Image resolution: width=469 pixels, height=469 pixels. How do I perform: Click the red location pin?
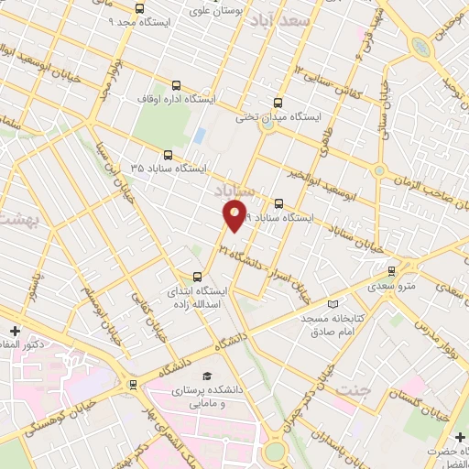pos(234,216)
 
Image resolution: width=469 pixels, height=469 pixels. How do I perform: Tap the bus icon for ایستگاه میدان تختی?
pos(278,104)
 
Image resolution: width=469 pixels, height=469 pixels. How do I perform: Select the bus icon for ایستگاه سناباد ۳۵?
pos(167,155)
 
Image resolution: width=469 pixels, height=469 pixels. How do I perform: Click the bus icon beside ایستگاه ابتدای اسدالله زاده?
pos(197,276)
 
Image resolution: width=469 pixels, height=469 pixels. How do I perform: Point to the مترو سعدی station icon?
pos(391,270)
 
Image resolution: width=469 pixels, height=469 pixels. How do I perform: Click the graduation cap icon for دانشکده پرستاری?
pos(207,376)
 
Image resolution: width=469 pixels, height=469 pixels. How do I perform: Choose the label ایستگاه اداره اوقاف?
pos(176,97)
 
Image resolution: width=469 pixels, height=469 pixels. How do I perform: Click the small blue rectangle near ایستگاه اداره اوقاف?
pos(199,136)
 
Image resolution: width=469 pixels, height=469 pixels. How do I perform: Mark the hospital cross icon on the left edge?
pos(13,331)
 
